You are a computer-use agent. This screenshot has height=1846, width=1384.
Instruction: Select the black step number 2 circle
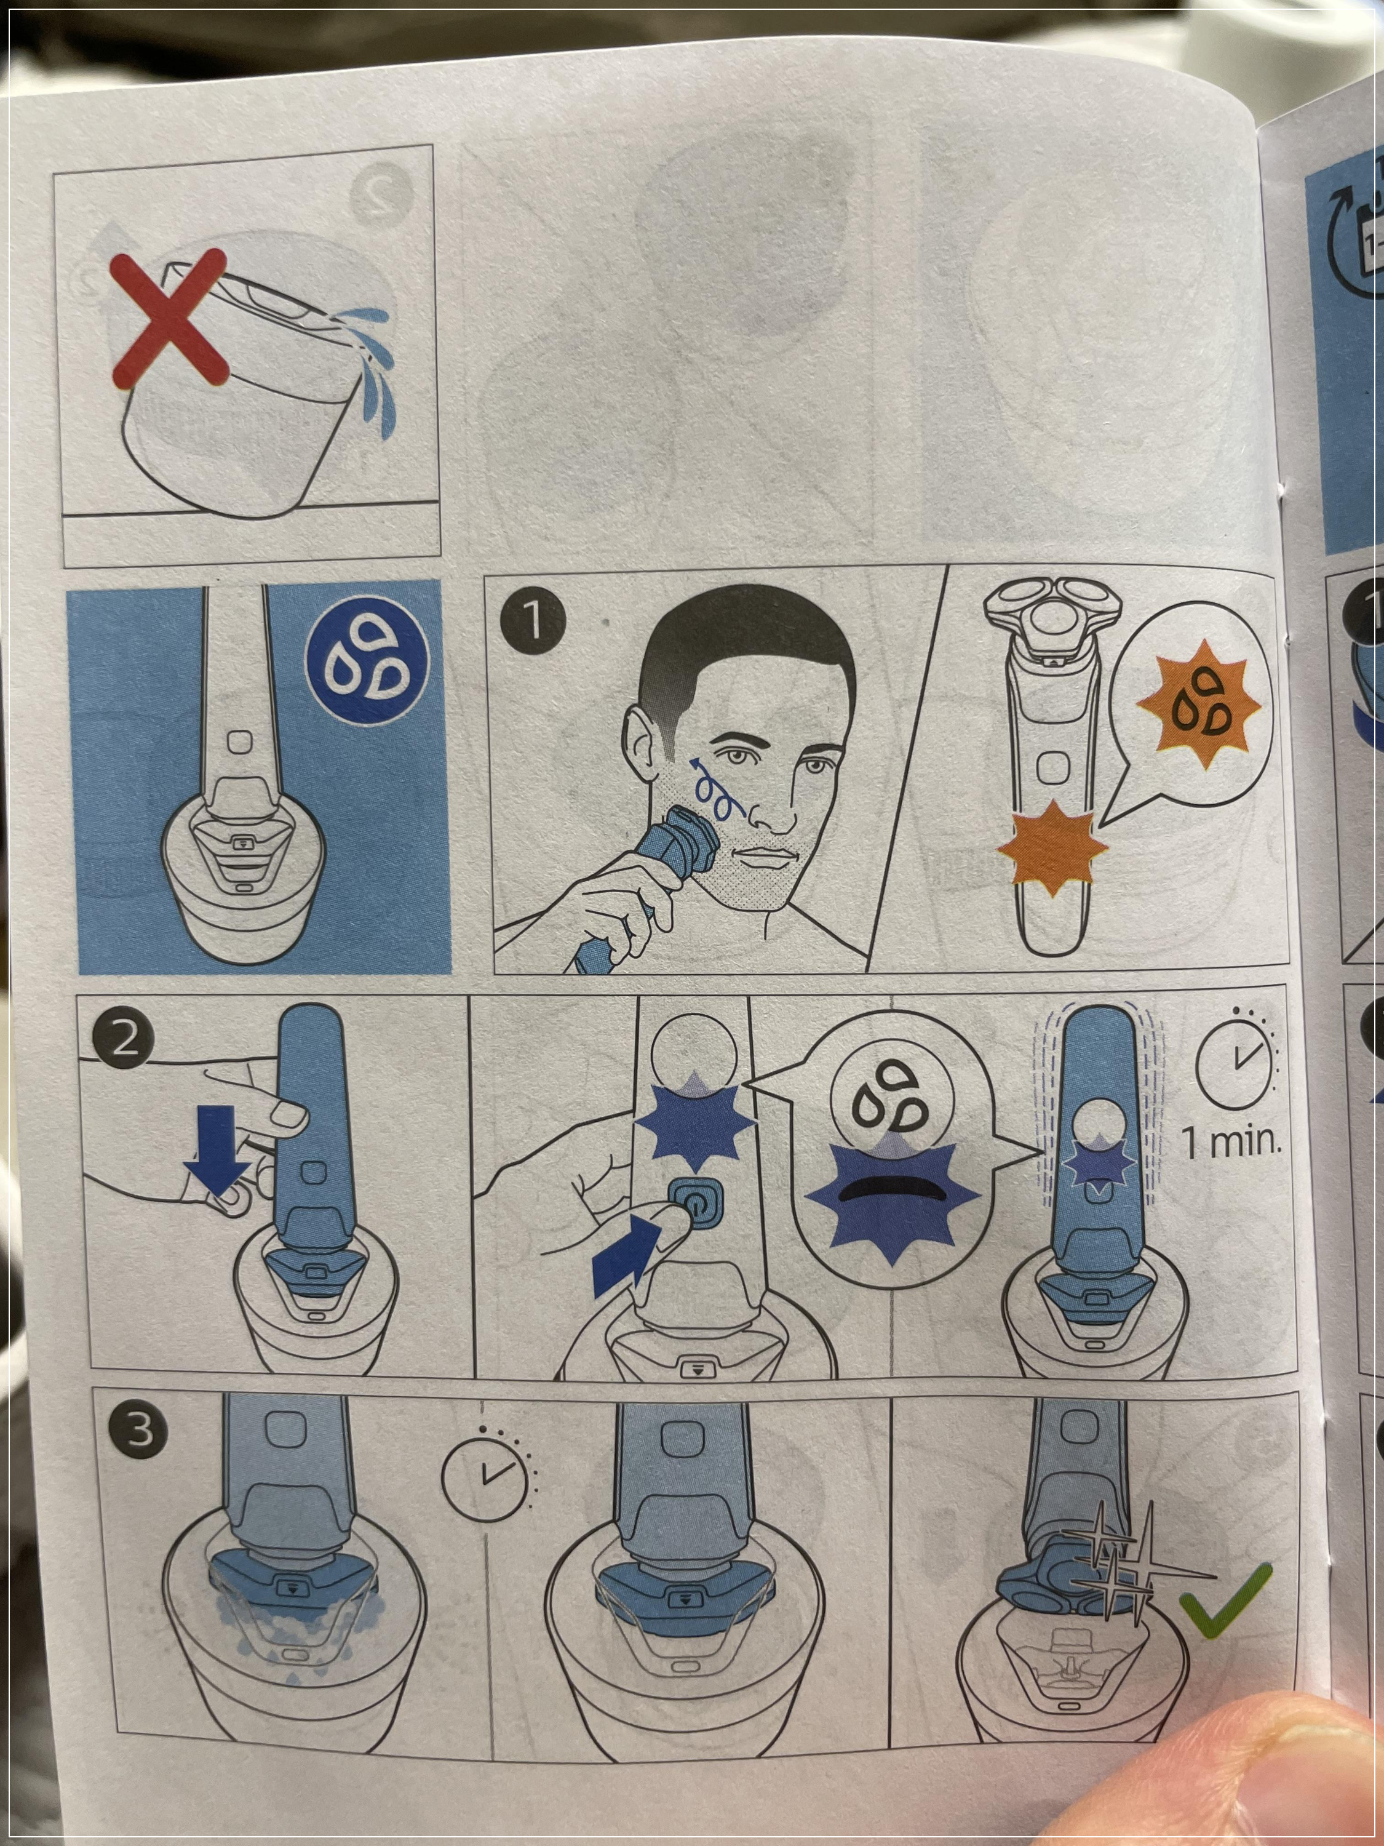pos(124,1040)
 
